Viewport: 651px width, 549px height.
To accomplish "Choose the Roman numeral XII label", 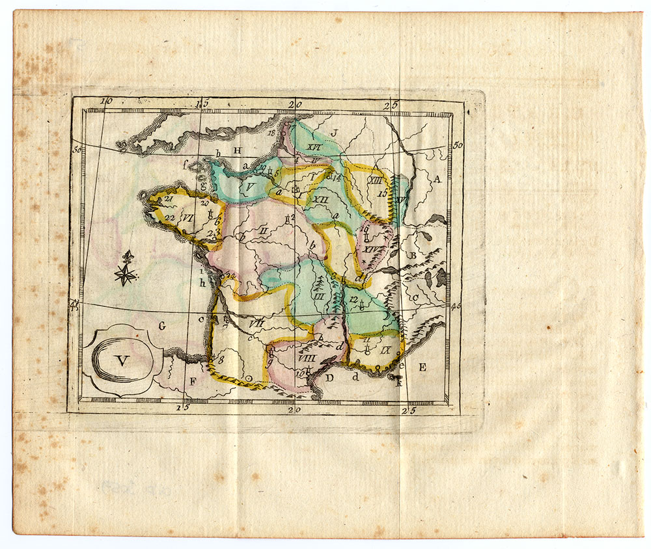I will (x=321, y=200).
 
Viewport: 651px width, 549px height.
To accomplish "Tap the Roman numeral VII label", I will (x=255, y=322).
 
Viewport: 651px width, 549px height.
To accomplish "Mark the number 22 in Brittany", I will (x=170, y=217).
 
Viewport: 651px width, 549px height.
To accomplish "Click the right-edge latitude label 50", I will (x=457, y=144).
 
